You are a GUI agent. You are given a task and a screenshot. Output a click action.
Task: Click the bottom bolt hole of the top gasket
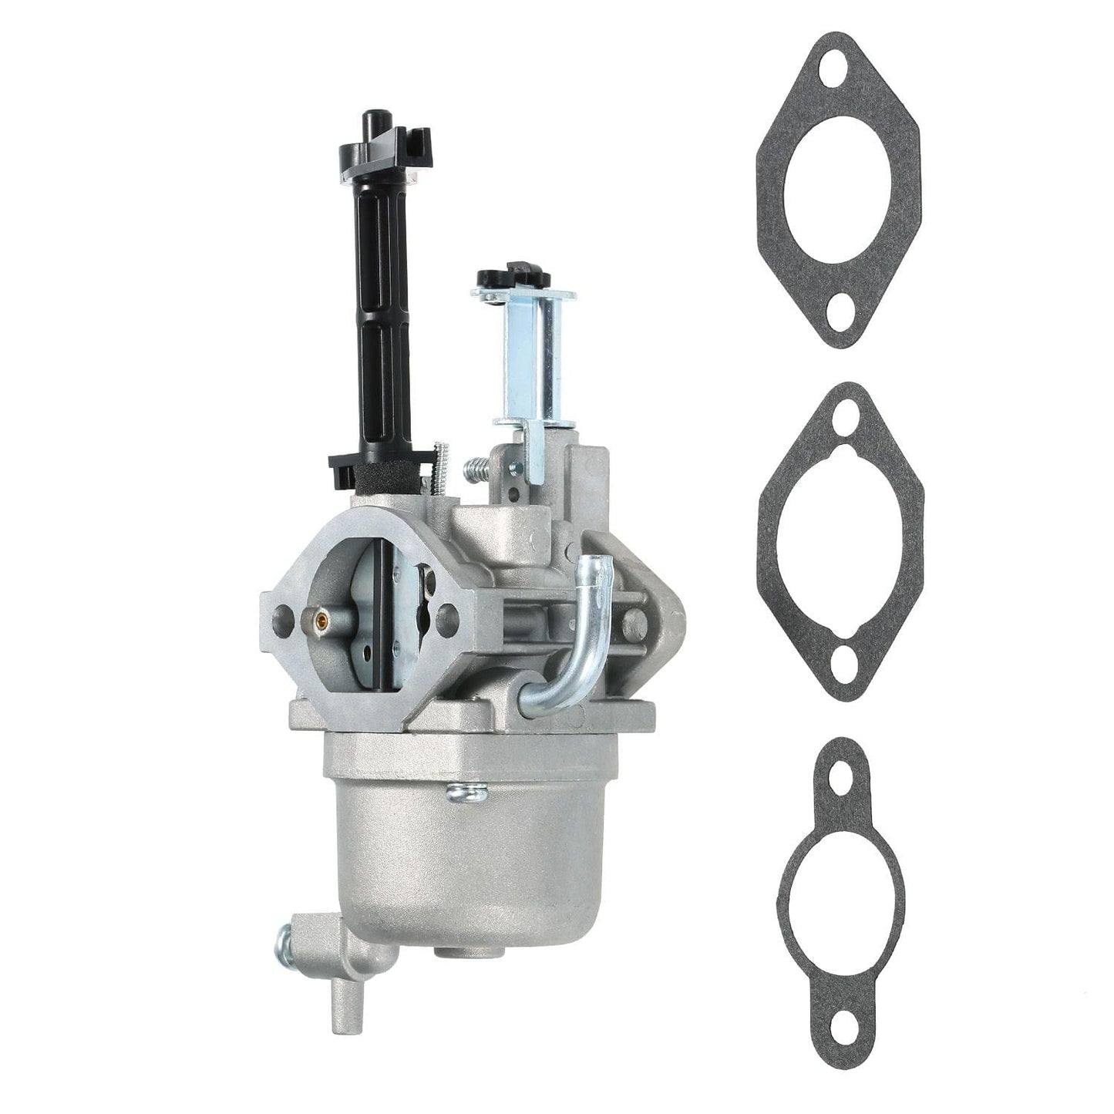836,312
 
